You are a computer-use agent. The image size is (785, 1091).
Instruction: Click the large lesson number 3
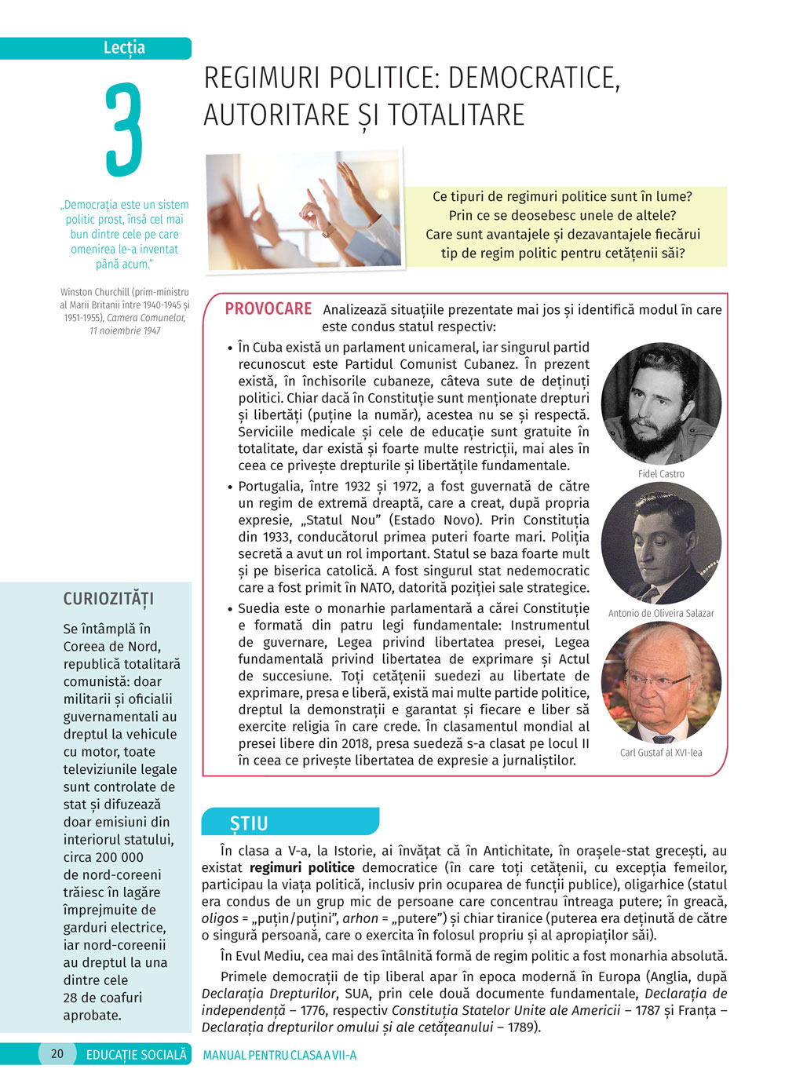124,130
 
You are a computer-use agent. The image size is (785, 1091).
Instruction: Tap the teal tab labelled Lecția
124,48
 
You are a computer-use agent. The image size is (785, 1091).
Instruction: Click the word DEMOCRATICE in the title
533,78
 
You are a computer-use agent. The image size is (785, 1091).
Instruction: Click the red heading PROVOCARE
268,309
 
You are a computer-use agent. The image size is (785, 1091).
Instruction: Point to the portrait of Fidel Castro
661,403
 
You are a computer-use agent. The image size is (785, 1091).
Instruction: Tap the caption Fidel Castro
661,474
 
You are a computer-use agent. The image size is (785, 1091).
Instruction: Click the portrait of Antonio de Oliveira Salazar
661,543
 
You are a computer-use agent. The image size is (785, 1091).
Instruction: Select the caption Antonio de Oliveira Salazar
661,613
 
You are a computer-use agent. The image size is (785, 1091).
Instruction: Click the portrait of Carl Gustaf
661,682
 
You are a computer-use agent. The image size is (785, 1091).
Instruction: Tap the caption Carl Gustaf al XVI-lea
661,753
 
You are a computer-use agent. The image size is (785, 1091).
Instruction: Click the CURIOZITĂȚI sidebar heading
108,599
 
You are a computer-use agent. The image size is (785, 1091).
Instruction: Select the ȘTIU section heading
249,823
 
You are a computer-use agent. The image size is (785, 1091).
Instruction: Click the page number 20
57,1054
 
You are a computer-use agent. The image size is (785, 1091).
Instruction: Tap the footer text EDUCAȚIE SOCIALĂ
137,1055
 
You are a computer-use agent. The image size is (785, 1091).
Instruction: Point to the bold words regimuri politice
301,868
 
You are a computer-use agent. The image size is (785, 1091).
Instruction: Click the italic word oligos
220,918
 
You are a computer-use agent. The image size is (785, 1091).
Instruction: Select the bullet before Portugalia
230,487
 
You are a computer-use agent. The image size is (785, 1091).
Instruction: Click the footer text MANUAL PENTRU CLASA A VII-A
279,1055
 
